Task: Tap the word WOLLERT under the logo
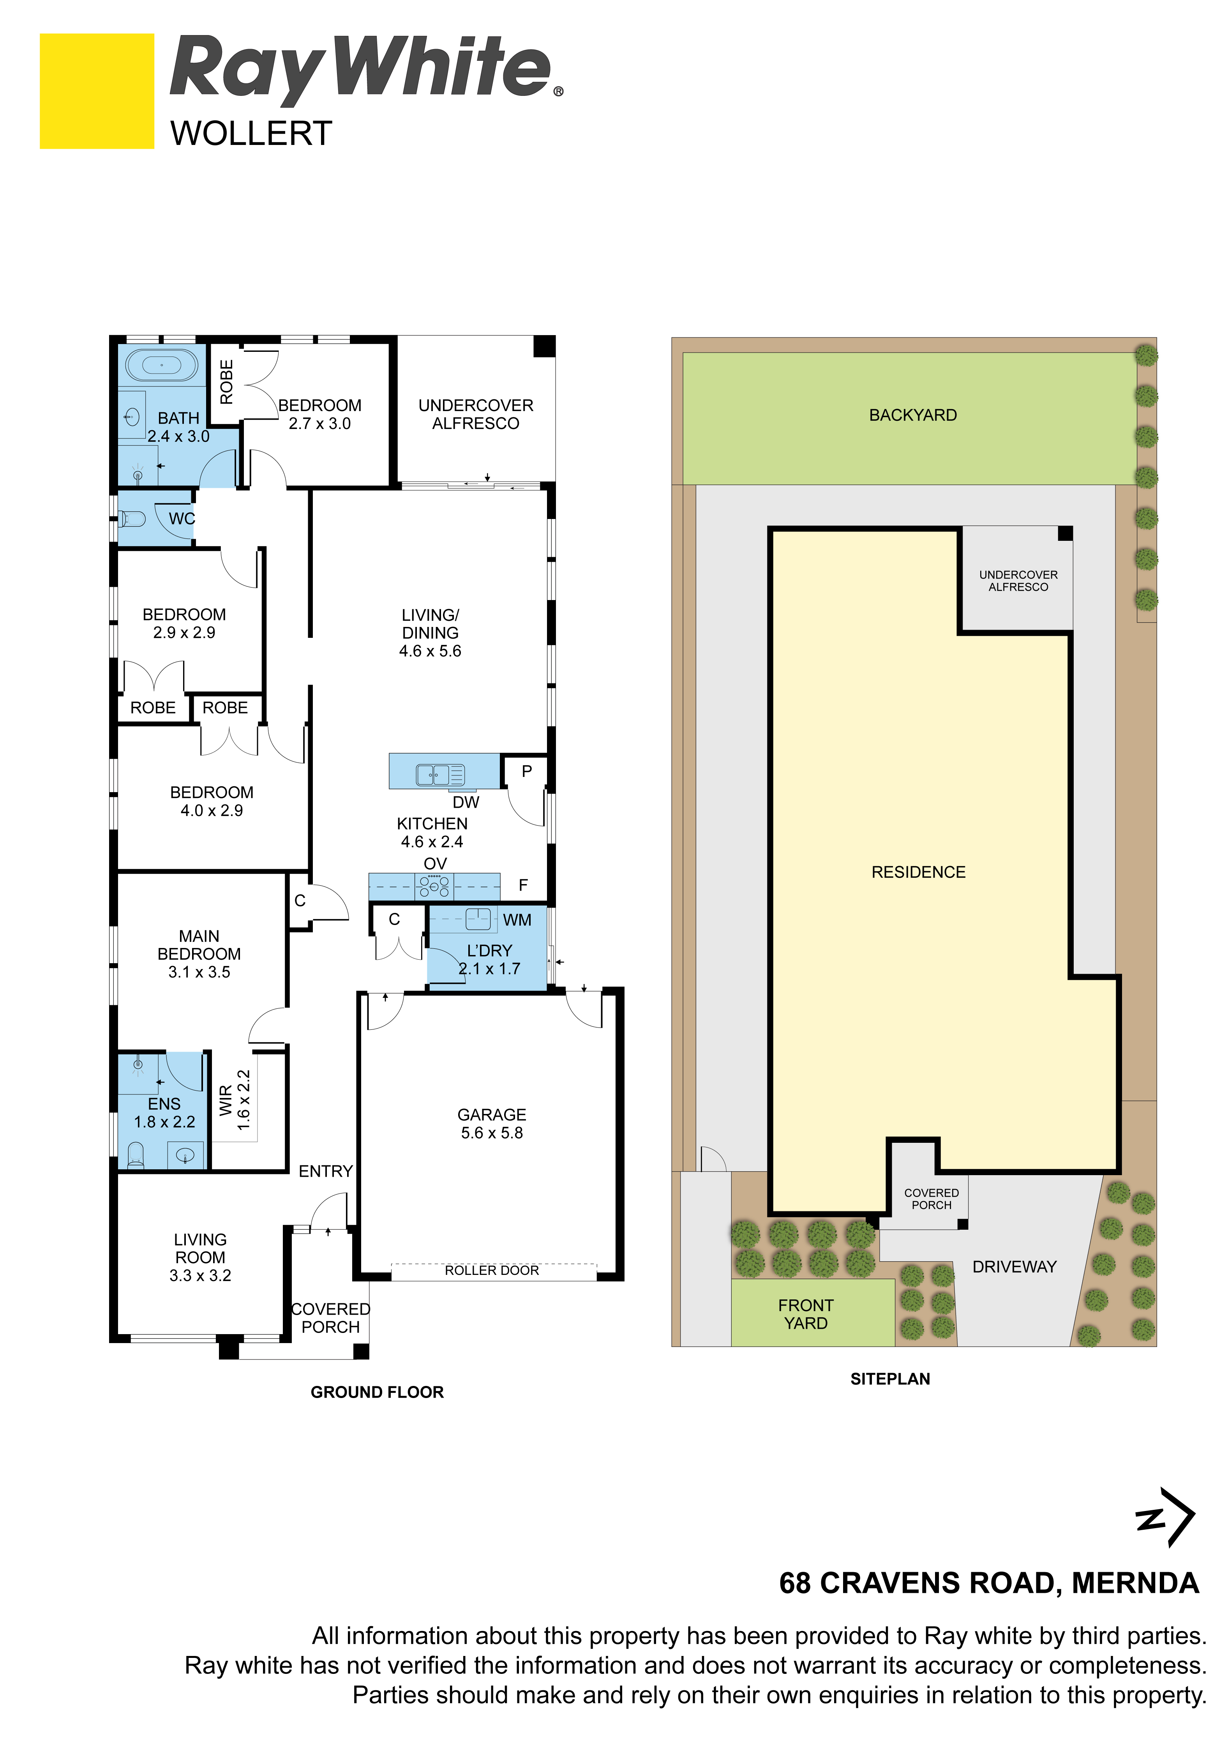[x=251, y=134]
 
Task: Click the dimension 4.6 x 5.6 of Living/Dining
[x=430, y=651]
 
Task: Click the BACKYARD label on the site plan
[x=912, y=415]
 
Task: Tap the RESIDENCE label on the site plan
[x=918, y=872]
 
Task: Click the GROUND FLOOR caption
[x=377, y=1392]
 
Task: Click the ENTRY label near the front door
[x=325, y=1171]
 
